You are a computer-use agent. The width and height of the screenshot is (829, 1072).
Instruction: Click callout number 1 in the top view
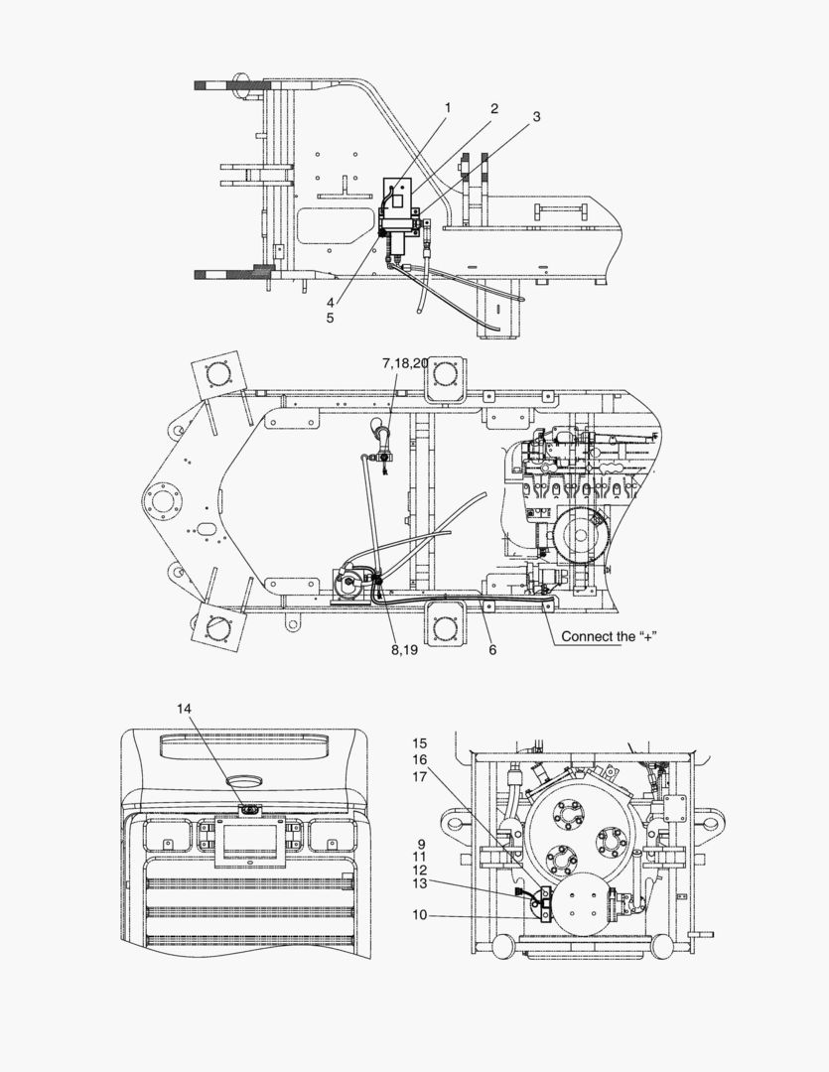[x=447, y=107]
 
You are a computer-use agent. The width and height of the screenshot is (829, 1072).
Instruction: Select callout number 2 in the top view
[x=493, y=108]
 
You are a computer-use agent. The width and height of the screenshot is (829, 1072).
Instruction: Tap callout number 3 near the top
[x=536, y=116]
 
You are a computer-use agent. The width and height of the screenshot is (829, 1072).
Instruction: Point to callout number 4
[x=331, y=304]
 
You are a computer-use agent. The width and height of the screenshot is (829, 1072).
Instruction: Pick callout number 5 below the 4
[x=331, y=319]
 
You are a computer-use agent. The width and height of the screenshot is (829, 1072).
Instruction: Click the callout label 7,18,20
[x=405, y=364]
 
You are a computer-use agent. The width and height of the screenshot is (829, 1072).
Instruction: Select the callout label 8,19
[x=403, y=651]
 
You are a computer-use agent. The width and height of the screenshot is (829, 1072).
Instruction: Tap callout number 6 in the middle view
[x=492, y=650]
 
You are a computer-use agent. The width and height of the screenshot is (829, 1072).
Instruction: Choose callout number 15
[x=420, y=743]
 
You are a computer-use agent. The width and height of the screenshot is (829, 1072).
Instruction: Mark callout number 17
[x=420, y=777]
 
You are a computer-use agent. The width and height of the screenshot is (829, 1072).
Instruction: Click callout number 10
[x=420, y=914]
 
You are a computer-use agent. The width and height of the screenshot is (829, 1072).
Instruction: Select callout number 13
[x=420, y=883]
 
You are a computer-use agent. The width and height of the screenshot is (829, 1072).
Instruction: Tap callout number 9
[x=421, y=844]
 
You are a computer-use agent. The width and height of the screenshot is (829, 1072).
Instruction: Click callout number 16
[x=420, y=760]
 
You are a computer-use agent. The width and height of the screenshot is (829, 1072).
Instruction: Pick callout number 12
[x=420, y=870]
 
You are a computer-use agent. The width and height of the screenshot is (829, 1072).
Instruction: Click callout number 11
[x=420, y=857]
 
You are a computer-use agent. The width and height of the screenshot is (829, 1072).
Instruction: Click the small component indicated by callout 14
[x=249, y=809]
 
